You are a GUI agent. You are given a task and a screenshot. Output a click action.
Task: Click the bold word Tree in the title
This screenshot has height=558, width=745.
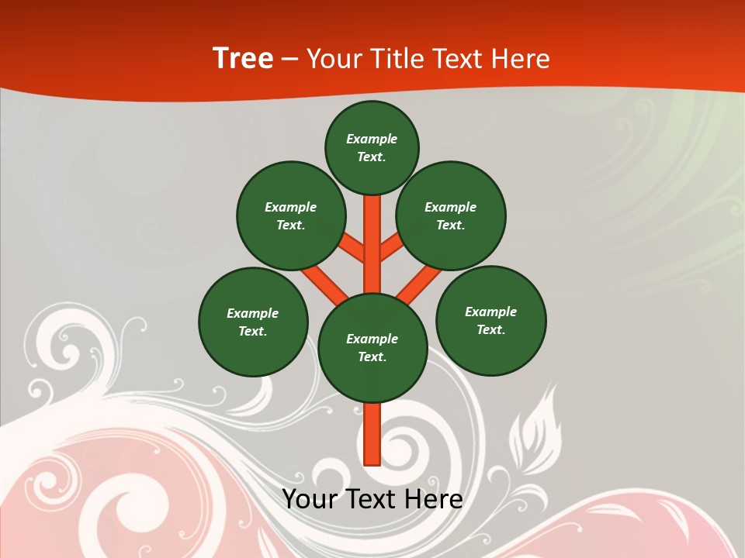tap(243, 59)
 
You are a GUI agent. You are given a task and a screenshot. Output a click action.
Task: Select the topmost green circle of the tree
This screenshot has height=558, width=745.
tap(372, 147)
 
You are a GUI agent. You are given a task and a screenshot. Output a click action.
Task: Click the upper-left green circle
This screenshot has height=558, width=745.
tap(290, 215)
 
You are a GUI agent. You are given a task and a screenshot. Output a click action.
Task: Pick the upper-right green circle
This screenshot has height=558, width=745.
tap(451, 215)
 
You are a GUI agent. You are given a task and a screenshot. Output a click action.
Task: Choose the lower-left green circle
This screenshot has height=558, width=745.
tap(253, 322)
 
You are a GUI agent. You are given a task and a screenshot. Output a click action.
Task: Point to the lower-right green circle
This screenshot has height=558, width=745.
tap(490, 320)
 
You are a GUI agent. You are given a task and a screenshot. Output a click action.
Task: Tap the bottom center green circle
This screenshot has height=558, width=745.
tap(372, 347)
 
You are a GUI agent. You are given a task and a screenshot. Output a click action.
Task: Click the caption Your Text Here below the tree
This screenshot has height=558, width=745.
tap(372, 499)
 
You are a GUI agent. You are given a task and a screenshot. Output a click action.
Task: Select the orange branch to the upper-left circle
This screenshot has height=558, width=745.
tap(352, 248)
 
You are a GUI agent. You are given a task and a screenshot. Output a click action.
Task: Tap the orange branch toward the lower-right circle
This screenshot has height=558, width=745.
tap(419, 283)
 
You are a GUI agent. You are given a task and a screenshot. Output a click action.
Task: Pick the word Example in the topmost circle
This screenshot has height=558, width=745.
tap(372, 139)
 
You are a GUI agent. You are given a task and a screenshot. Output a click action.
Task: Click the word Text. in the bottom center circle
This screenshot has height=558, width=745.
tap(372, 356)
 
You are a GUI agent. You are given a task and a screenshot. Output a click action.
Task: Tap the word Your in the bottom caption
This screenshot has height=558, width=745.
tap(309, 499)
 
